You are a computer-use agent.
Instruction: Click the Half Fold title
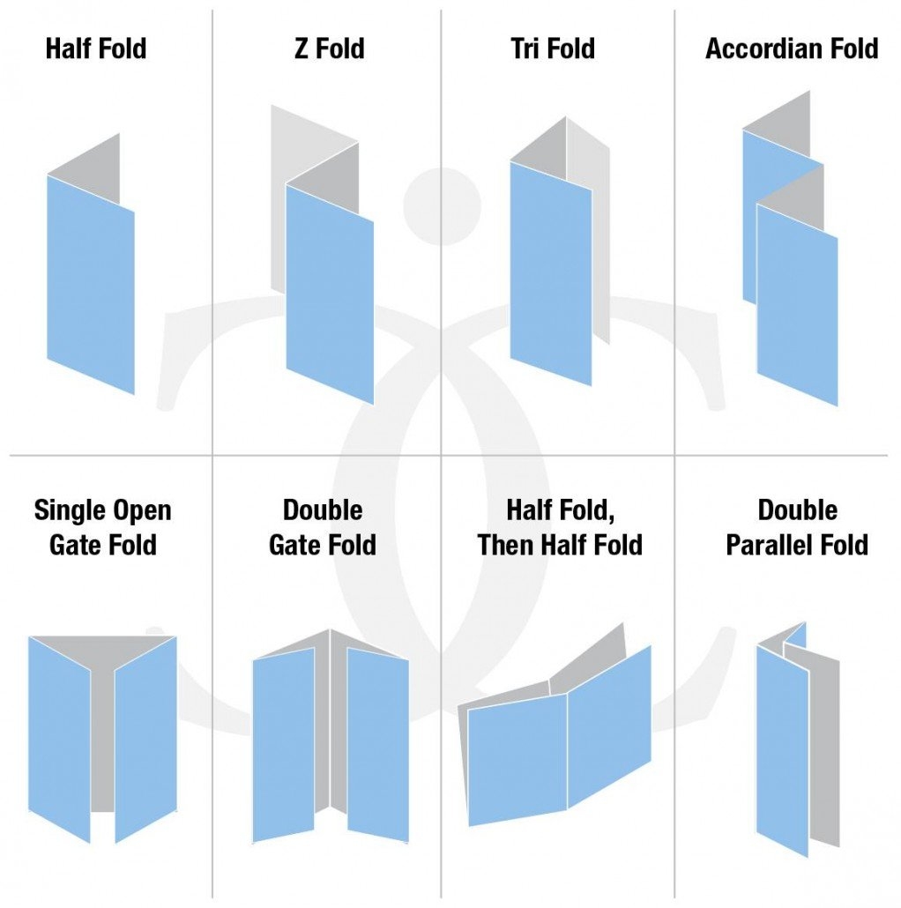[x=96, y=48]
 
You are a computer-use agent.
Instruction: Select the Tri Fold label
[x=552, y=48]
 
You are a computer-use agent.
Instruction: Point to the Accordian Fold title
[x=792, y=48]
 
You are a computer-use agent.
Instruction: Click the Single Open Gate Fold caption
[x=102, y=527]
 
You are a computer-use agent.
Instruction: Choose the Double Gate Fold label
[x=323, y=527]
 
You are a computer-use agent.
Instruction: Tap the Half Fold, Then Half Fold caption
[x=560, y=527]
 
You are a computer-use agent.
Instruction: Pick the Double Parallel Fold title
[x=797, y=527]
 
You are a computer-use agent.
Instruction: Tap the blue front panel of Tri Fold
[x=551, y=273]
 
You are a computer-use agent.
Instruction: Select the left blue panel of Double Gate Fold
[x=283, y=745]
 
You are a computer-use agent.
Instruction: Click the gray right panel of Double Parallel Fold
[x=824, y=749]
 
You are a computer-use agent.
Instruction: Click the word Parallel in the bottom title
[x=772, y=544]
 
